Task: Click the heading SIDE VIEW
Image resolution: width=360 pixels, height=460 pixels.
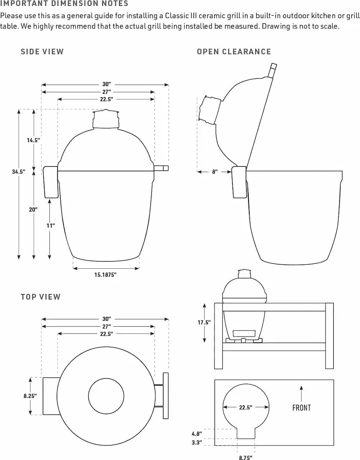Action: click(42, 52)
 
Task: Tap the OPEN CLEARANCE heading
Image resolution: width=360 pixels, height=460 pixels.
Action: click(234, 52)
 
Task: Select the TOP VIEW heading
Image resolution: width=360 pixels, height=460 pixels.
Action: click(41, 297)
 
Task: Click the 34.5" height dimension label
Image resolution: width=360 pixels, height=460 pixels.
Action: click(18, 172)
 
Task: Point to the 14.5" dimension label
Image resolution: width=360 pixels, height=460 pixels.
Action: click(33, 140)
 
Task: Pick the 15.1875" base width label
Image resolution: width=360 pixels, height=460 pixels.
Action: click(105, 275)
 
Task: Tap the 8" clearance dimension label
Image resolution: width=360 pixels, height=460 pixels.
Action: click(215, 172)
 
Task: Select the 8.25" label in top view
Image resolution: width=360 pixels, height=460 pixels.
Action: click(30, 396)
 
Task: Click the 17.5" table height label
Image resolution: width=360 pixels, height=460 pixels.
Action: click(204, 322)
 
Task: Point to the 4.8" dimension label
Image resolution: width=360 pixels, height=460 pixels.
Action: click(197, 434)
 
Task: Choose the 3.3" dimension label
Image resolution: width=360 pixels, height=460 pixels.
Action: click(197, 443)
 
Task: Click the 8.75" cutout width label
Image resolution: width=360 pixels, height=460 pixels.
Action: click(245, 457)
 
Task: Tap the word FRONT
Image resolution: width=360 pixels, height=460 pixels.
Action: click(301, 408)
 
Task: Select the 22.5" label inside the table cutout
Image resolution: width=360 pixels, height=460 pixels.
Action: click(245, 407)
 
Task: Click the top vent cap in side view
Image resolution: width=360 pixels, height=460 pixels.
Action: click(106, 119)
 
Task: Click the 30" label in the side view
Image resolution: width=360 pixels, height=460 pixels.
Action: click(106, 84)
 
